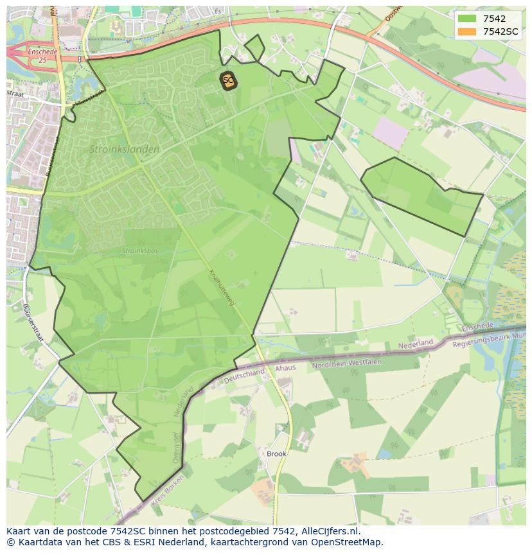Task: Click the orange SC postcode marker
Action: point(227,80)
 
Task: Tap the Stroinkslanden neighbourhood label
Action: point(124,149)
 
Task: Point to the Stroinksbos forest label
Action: point(140,250)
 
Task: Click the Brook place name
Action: point(277,453)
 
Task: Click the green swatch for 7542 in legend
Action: point(467,19)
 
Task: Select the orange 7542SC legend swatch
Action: point(467,31)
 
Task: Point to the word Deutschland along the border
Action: point(245,374)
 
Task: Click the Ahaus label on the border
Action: point(285,368)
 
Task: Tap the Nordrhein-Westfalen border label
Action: point(347,364)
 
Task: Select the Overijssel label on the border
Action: point(177,446)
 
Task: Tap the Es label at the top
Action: point(218,11)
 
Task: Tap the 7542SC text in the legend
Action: point(501,31)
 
